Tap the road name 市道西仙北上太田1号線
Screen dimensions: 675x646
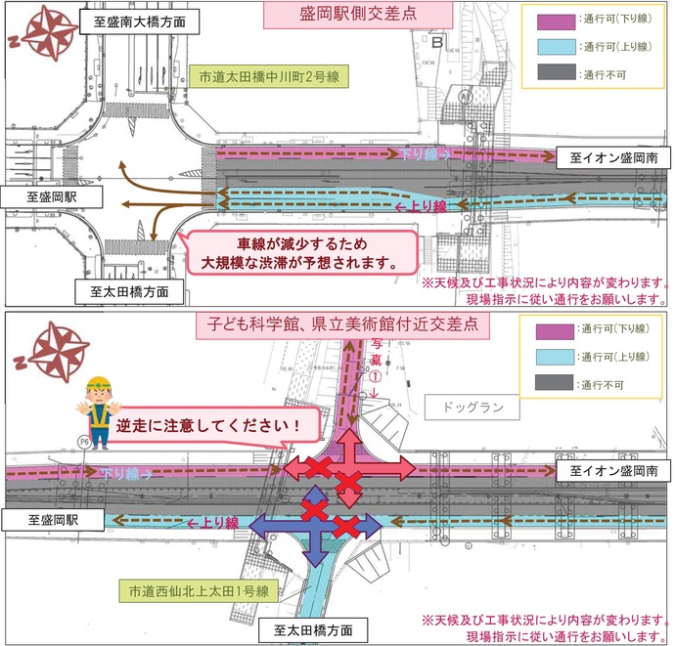coord(202,590)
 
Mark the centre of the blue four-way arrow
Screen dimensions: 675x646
coord(316,527)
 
